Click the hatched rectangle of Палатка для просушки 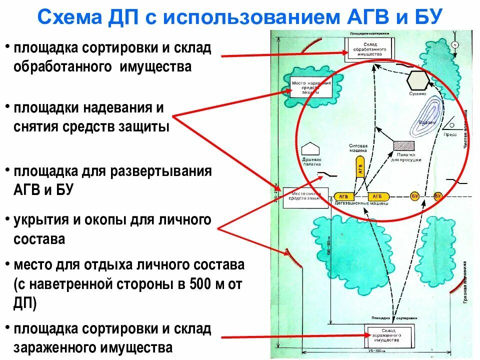[404, 145]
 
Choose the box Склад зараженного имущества [389, 334]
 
